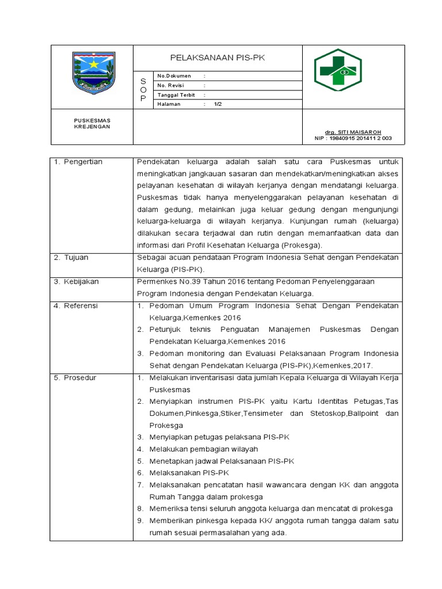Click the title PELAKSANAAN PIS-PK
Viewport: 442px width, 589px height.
(218, 58)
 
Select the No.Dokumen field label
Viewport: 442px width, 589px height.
(174, 76)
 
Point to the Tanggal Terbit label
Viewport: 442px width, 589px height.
(176, 95)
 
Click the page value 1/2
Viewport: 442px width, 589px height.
(218, 104)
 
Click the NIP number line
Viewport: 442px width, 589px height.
(352, 138)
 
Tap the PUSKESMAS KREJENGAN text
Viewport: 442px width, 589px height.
(92, 123)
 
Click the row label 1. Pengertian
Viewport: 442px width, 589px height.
(78, 162)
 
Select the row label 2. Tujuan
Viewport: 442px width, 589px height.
(71, 258)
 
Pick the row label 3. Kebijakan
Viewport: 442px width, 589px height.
(77, 282)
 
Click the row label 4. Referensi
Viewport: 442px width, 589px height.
(76, 305)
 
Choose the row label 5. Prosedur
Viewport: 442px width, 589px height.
(75, 377)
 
